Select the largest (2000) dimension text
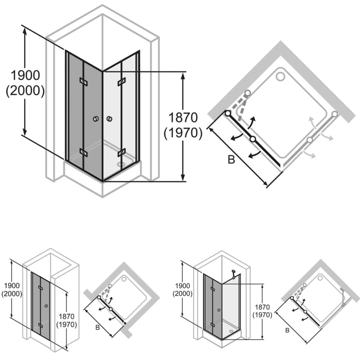(25, 91)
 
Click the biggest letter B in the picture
(231, 160)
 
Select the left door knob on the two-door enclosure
(96, 119)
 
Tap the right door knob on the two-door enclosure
(109, 119)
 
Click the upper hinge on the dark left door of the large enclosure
(83, 81)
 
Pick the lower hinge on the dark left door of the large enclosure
(83, 152)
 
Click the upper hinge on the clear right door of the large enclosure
(122, 81)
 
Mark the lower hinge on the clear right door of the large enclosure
(122, 152)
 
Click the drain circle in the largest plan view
(280, 77)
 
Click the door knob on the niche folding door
(47, 305)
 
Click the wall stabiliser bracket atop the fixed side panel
(233, 273)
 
